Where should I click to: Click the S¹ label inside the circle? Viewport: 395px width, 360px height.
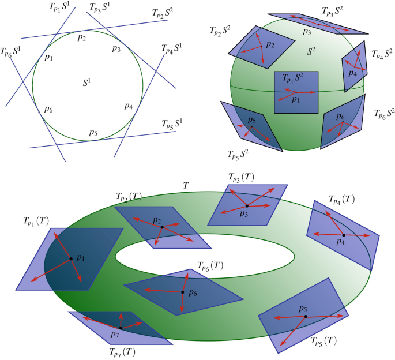coord(88,82)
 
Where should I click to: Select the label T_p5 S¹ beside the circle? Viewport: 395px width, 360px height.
coord(171,123)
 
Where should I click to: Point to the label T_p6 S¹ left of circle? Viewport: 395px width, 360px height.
coord(12,52)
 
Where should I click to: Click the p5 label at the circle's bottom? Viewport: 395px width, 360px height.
coord(93,133)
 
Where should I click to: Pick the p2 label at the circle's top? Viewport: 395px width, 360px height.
coord(82,38)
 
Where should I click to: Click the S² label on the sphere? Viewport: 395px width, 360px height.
coord(312,51)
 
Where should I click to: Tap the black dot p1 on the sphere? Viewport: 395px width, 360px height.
coord(296,92)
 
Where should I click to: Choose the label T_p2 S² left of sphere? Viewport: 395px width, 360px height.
coord(221,32)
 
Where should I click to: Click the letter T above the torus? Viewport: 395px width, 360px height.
coord(186,185)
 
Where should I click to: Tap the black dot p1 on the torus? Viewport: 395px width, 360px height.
coord(72,258)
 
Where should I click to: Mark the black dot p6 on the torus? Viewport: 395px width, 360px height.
coord(183,292)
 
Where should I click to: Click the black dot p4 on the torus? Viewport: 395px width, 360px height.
coord(343,235)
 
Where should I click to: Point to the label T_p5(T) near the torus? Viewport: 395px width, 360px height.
coord(323,340)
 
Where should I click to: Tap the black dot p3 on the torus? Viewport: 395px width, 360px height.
coord(247,206)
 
